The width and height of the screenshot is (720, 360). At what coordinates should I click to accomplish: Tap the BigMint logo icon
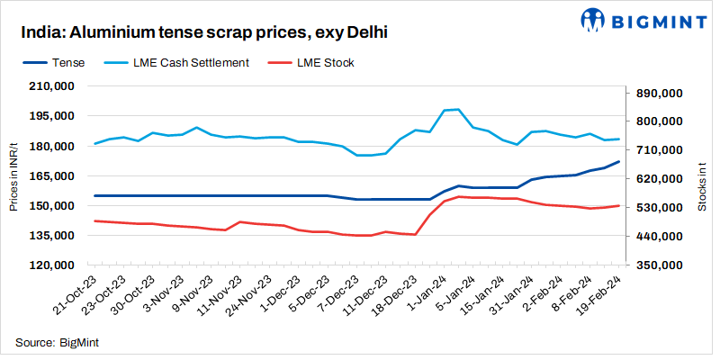click(x=592, y=19)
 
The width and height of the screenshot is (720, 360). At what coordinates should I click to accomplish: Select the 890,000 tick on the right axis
click(x=660, y=93)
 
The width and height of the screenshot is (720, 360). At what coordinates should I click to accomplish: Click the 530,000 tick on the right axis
click(x=660, y=208)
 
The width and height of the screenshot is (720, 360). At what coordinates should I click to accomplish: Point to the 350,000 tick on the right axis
click(x=660, y=265)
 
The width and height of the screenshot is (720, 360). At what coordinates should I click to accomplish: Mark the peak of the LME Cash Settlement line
click(x=458, y=109)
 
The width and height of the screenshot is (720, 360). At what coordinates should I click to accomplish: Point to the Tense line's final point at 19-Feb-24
click(x=617, y=162)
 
